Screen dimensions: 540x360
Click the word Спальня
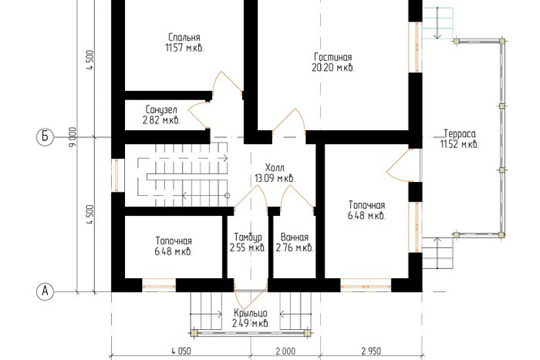click(x=184, y=37)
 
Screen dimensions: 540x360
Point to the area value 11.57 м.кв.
click(x=185, y=48)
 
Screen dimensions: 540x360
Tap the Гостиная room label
click(x=333, y=57)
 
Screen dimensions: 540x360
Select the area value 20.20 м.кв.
click(x=333, y=67)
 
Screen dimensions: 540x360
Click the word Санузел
click(x=162, y=110)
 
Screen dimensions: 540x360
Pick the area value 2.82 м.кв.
click(x=161, y=120)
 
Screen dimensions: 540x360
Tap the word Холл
click(x=275, y=168)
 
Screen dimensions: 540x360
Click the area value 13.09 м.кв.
click(x=275, y=179)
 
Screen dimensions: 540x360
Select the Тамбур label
click(x=248, y=238)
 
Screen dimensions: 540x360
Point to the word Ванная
click(x=295, y=238)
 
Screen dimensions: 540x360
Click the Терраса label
click(x=459, y=134)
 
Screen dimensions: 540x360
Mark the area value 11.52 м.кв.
click(x=459, y=144)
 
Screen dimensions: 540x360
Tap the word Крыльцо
click(x=251, y=314)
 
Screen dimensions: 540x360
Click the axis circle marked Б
click(x=45, y=137)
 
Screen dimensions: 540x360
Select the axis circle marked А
click(x=45, y=291)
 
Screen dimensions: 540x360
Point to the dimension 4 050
click(x=181, y=351)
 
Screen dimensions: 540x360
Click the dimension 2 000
click(x=285, y=351)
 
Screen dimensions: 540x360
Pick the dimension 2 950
click(x=371, y=351)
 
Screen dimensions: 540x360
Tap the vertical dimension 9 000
click(x=72, y=137)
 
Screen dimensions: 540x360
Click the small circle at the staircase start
click(x=227, y=196)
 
